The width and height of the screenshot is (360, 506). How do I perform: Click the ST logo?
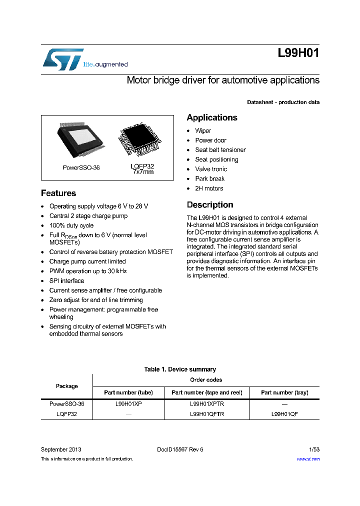tap(62, 59)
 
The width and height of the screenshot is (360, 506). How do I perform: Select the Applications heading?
tap(212, 118)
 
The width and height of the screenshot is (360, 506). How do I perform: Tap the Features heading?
tap(58, 193)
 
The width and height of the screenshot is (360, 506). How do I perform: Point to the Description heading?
tap(210, 205)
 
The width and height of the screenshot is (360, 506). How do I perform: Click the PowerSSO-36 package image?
tap(81, 139)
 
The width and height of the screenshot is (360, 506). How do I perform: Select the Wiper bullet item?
tap(203, 131)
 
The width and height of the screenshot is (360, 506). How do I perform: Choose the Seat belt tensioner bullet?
tap(220, 150)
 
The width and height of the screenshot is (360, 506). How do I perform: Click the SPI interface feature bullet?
tap(66, 281)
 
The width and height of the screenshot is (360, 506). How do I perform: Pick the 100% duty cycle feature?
tap(71, 225)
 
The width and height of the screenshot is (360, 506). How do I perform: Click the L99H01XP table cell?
tap(128, 404)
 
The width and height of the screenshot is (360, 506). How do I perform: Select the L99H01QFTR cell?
tap(207, 414)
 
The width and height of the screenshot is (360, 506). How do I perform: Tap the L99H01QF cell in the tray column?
tap(284, 414)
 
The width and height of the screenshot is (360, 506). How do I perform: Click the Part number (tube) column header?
tap(128, 392)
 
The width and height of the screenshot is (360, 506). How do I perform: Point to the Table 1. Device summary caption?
tap(180, 369)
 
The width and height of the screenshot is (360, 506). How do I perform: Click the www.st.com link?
tap(308, 459)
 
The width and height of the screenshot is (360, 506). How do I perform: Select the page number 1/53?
tap(312, 449)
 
